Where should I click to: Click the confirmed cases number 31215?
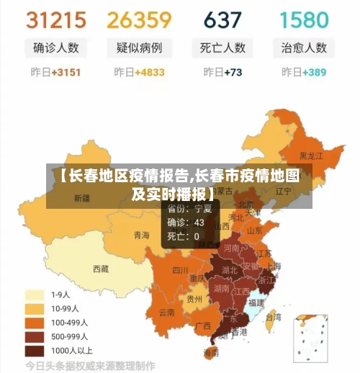coord(55,19)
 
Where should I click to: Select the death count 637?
coord(222,19)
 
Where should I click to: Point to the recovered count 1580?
coord(303,19)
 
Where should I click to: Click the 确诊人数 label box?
coord(55,48)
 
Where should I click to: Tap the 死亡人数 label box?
coord(222,48)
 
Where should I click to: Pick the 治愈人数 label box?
coord(303,48)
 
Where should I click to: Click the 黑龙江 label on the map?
coord(311,155)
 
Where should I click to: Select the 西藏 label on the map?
coord(101,269)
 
